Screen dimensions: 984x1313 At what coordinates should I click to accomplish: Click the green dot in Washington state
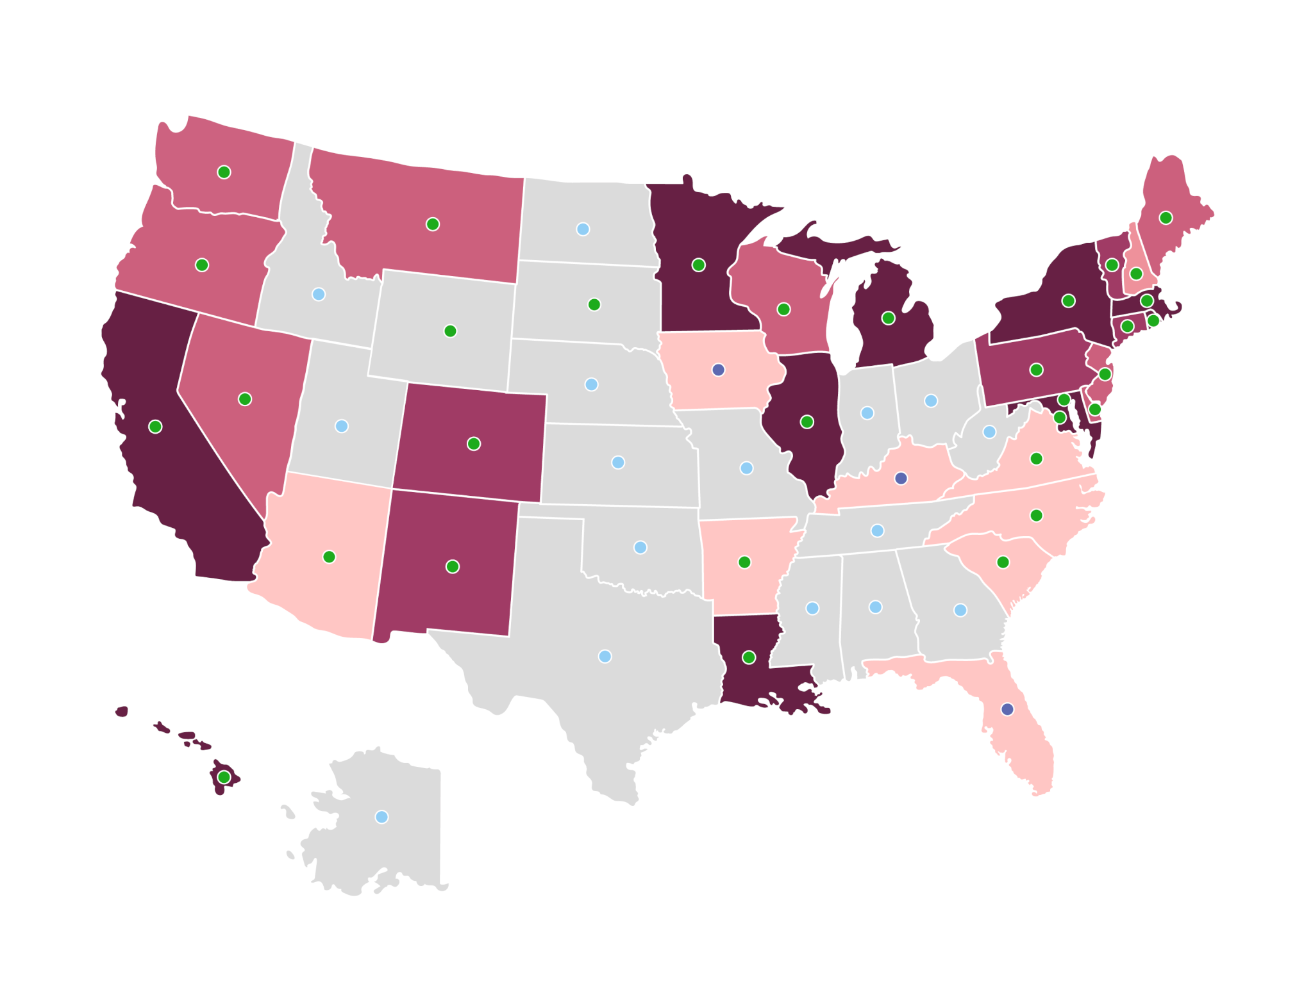click(224, 172)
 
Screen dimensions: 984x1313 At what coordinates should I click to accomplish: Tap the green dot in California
click(155, 427)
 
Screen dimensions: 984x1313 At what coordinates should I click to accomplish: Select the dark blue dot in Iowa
click(719, 370)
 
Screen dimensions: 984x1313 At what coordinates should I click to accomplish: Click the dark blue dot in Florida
click(1007, 709)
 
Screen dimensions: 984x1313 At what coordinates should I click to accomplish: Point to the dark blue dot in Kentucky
click(901, 478)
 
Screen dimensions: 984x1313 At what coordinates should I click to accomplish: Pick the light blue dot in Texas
click(605, 656)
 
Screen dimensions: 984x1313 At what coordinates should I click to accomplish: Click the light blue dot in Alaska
click(381, 817)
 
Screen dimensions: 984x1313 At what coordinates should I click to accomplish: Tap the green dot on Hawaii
click(224, 777)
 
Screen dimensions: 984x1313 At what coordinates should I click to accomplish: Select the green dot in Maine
click(1166, 218)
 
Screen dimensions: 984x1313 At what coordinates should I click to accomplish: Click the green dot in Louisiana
click(749, 657)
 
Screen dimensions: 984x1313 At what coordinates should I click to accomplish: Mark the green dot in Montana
click(433, 224)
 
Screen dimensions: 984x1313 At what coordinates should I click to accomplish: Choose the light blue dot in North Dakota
click(583, 229)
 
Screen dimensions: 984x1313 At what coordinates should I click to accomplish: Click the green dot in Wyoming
click(450, 331)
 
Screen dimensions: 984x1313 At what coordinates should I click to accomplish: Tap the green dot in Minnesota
click(699, 265)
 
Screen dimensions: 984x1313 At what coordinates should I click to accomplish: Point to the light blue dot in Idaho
click(319, 294)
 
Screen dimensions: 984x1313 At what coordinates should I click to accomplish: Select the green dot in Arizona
click(329, 557)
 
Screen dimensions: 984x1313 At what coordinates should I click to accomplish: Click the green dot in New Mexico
click(453, 566)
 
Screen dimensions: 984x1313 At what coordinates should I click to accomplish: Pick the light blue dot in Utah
click(342, 426)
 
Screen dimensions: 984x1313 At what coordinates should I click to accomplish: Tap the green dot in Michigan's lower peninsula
click(888, 318)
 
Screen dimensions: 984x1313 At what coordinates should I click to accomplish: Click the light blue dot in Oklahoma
click(640, 547)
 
